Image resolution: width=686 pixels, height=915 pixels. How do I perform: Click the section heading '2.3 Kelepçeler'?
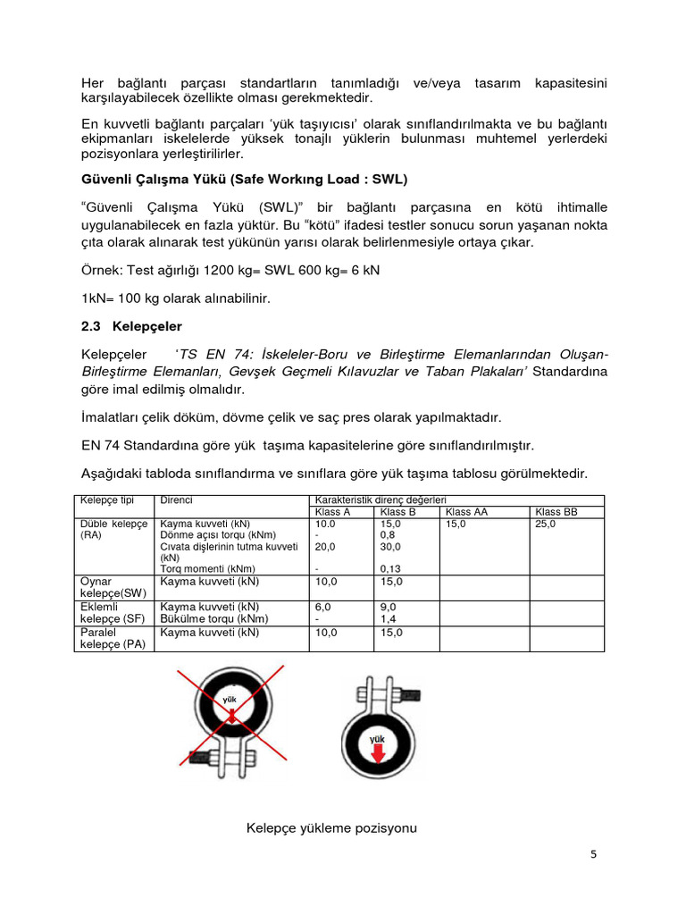point(131,326)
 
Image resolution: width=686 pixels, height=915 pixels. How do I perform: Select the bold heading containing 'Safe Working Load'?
point(244,180)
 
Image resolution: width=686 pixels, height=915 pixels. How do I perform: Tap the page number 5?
point(594,853)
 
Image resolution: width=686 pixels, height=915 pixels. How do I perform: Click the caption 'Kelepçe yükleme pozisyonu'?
point(331,828)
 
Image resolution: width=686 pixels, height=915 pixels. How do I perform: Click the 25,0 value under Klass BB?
point(545,525)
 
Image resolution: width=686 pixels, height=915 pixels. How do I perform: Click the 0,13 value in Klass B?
point(390,568)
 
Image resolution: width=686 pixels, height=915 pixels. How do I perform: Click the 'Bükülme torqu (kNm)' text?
point(213,618)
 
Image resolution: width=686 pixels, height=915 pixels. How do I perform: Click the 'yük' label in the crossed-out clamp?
point(230,700)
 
